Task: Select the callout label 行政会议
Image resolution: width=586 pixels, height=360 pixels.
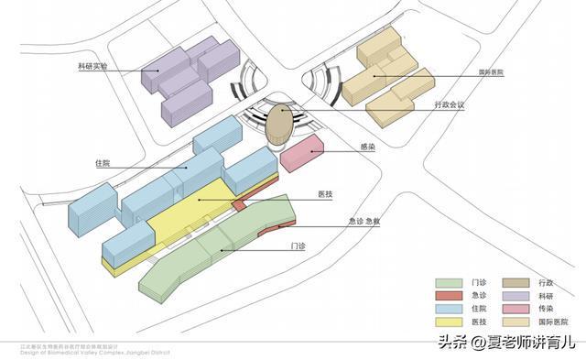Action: [450, 105]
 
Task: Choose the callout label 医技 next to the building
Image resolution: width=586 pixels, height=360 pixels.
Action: [324, 193]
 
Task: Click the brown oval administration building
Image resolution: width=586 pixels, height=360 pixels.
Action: [279, 124]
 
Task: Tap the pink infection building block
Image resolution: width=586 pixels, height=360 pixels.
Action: [302, 153]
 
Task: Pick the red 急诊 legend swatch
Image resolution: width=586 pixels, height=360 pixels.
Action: [449, 296]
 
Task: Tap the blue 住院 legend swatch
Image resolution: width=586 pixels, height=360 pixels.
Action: [449, 310]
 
